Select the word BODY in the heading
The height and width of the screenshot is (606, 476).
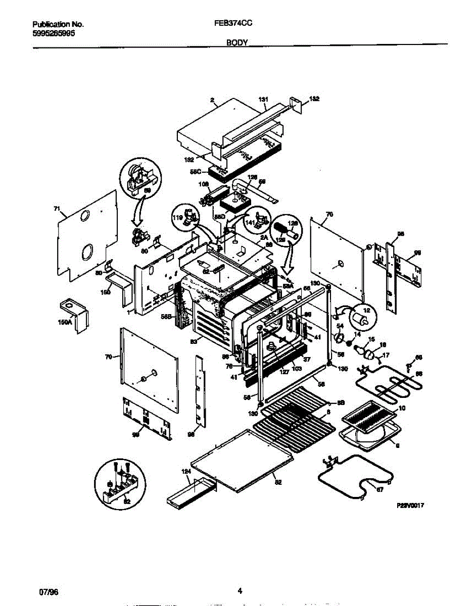point(237,43)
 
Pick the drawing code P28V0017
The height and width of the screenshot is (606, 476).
point(409,505)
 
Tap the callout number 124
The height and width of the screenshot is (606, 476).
point(185,471)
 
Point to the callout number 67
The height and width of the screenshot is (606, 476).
point(380,489)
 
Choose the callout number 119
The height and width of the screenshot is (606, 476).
point(178,219)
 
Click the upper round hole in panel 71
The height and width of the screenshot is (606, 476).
point(85,217)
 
